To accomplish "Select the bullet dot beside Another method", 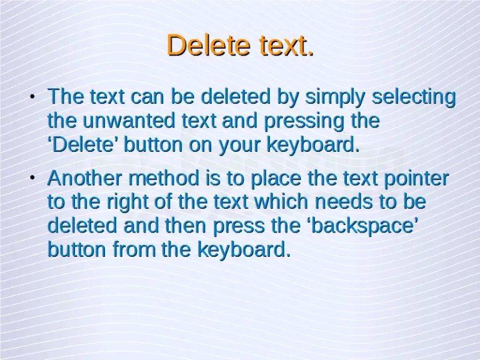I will pos(32,179).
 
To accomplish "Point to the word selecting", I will pos(414,97).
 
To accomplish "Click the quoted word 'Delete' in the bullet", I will pos(84,144).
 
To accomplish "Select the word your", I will pos(241,144).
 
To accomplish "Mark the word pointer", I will pos(417,179).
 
